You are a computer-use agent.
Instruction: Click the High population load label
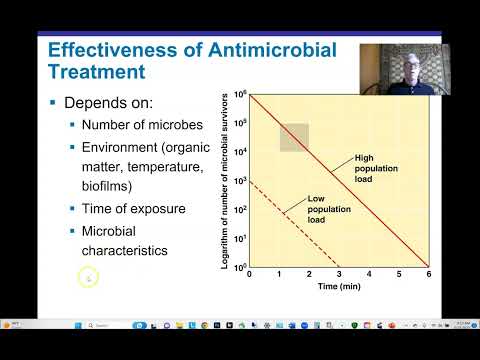pos(375,168)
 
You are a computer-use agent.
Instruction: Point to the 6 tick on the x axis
pos(429,274)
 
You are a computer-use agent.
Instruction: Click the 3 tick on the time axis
pos(339,274)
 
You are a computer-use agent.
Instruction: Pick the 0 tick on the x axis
pos(249,274)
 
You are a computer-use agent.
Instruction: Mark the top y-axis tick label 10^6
pos(240,94)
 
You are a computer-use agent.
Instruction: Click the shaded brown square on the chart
pos(293,137)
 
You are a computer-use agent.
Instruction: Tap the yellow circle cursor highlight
pos(88,277)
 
